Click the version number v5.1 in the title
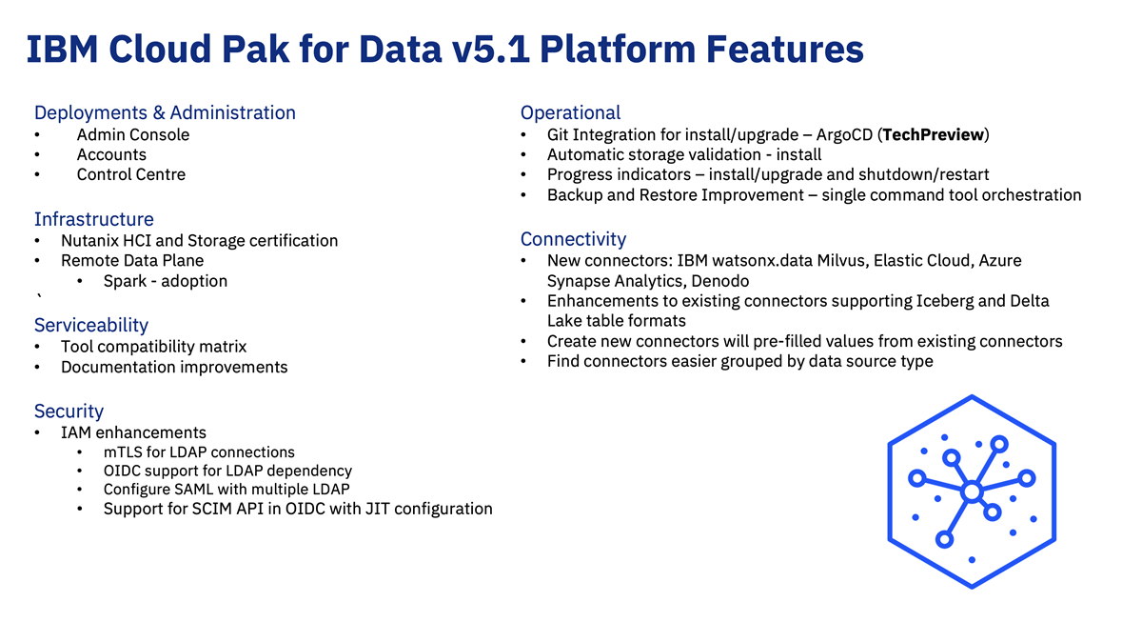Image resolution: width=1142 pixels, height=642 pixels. [x=490, y=50]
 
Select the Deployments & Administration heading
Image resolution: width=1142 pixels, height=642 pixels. [x=165, y=112]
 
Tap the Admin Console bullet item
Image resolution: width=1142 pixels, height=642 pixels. [x=133, y=134]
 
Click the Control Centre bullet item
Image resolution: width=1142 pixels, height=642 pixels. [x=131, y=174]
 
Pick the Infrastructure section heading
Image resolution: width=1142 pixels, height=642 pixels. [x=94, y=219]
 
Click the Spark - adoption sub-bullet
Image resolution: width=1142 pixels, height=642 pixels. [x=166, y=281]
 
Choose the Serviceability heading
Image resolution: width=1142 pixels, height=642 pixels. [x=91, y=325]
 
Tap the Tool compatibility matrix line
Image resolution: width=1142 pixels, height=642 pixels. [x=153, y=347]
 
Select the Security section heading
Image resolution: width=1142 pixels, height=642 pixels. [x=69, y=411]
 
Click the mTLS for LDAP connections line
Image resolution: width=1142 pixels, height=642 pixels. [x=199, y=452]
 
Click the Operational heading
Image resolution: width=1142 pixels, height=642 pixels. [x=570, y=112]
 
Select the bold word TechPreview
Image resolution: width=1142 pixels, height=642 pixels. [x=933, y=134]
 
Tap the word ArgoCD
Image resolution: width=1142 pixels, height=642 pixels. [x=844, y=134]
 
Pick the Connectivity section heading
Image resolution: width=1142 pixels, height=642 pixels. [x=573, y=239]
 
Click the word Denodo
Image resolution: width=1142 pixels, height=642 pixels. [x=719, y=281]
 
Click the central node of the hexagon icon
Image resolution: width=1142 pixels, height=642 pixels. [x=972, y=492]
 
